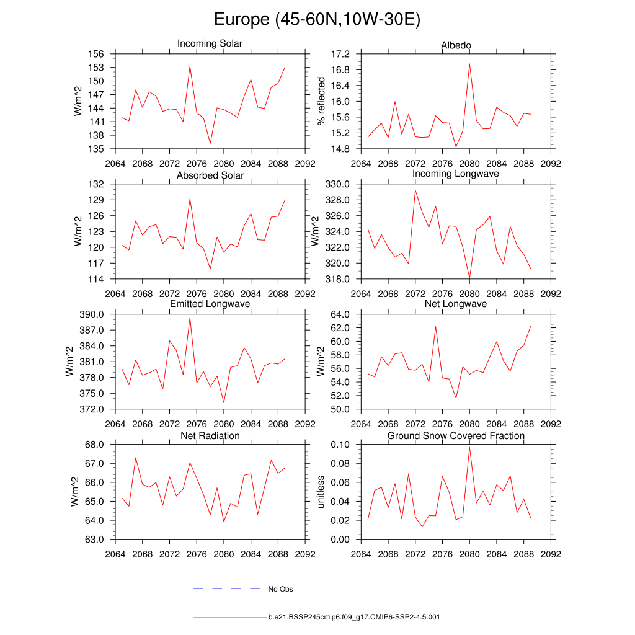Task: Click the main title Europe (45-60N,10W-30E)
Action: [317, 19]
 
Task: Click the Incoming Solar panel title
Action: [210, 43]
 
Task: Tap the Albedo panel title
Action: [456, 45]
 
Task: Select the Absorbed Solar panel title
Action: [210, 175]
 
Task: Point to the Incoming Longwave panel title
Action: [456, 174]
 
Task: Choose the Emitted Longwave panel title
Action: [210, 304]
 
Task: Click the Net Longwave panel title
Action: [456, 304]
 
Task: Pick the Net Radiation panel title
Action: [210, 436]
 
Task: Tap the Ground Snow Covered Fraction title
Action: [456, 436]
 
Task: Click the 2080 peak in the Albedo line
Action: [469, 63]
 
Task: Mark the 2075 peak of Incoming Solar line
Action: [190, 66]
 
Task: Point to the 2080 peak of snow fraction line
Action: [469, 447]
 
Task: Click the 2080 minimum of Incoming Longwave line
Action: [469, 278]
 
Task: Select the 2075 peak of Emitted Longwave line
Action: [190, 317]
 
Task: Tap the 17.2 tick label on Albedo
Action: [342, 54]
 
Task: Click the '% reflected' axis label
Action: [321, 101]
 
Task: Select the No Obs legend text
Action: [280, 589]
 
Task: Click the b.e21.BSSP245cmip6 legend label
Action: [354, 618]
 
